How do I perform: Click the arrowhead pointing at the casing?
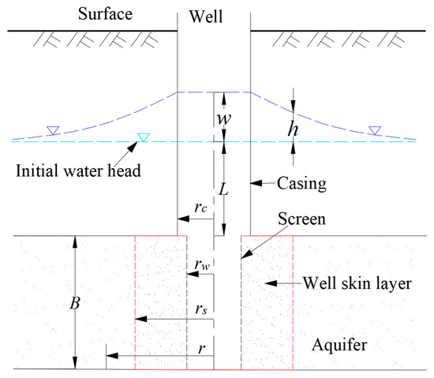[x=253, y=183]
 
